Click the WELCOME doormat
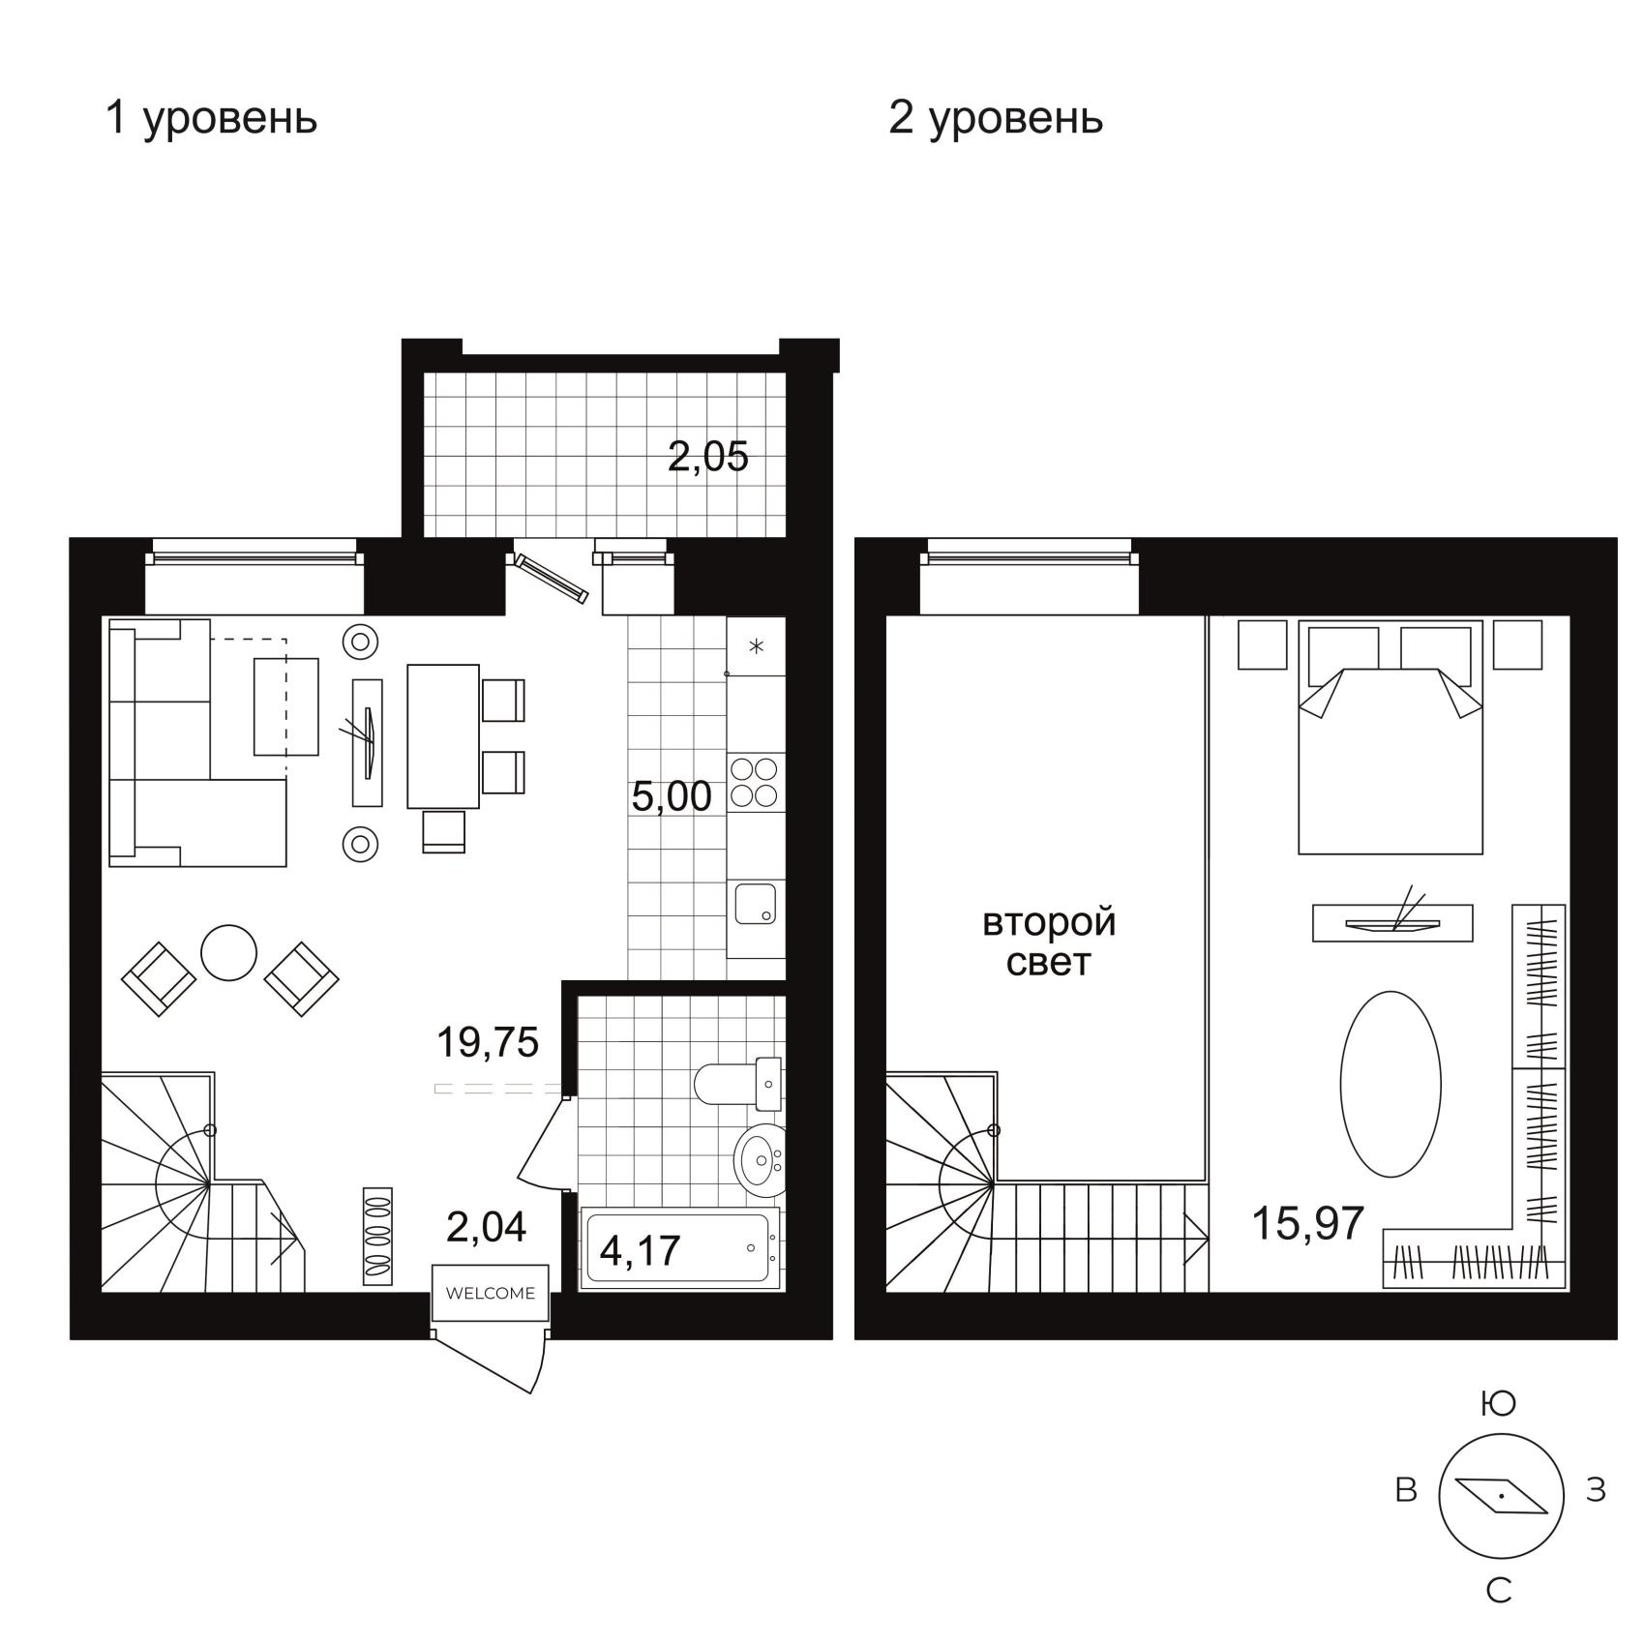tap(491, 1293)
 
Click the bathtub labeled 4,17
tap(679, 1248)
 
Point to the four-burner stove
tap(755, 782)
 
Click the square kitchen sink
tap(755, 904)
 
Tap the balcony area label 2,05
tap(708, 457)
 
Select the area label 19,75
tap(488, 1042)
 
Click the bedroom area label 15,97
tap(1308, 1223)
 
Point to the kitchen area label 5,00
tap(672, 796)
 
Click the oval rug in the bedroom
tap(1391, 1084)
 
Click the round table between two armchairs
tap(228, 953)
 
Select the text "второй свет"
tap(1049, 942)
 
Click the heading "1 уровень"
tap(211, 118)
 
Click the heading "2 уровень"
tap(996, 118)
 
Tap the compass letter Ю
tap(1499, 1403)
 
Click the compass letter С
tap(1499, 1591)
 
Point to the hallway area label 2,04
tap(486, 1227)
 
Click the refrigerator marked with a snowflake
tap(756, 645)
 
